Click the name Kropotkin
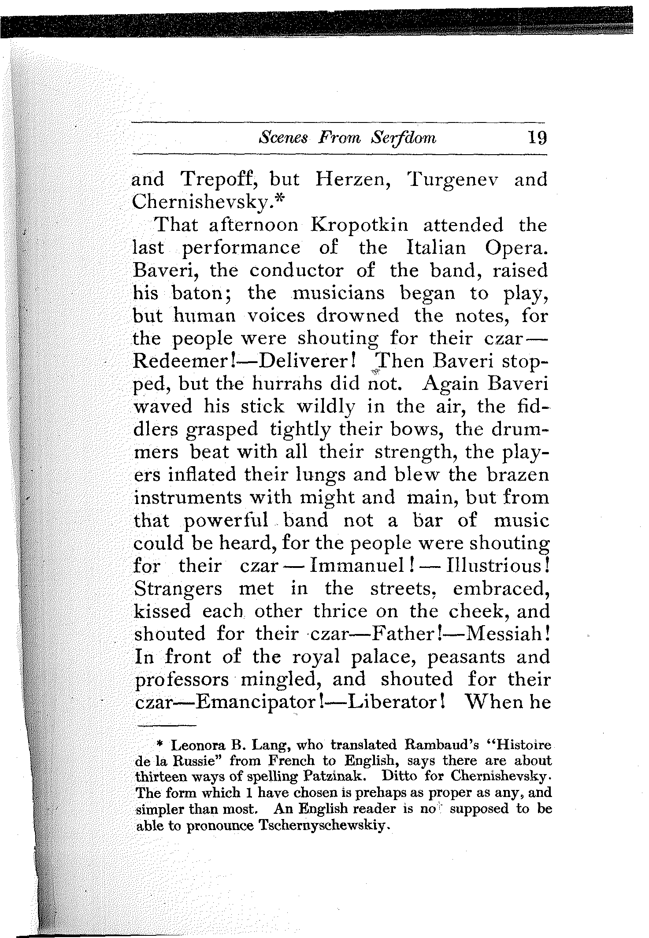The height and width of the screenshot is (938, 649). tap(360, 225)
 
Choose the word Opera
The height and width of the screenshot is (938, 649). tap(517, 248)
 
